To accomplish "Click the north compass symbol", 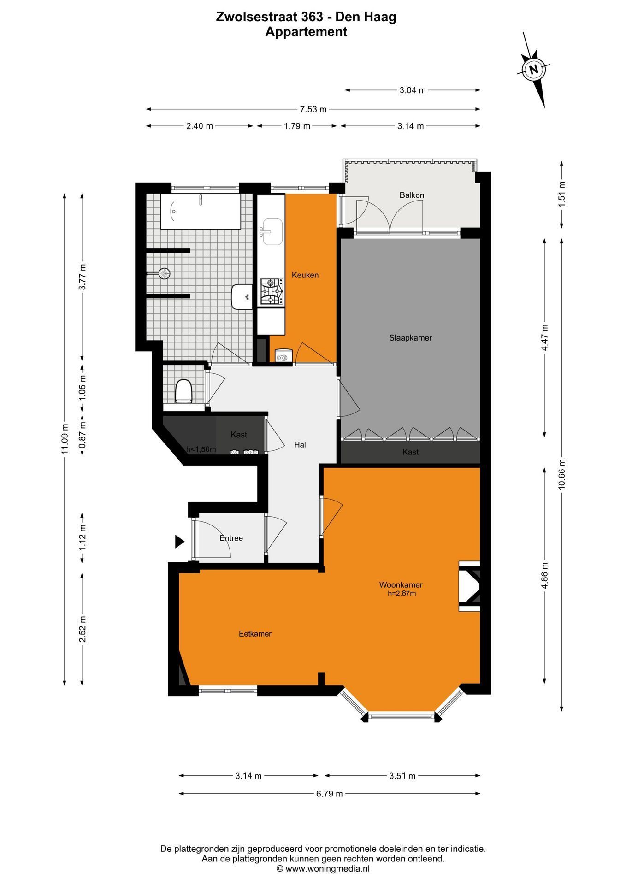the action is (534, 70).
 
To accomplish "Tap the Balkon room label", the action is (412, 195).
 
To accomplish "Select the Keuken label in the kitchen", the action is (305, 275).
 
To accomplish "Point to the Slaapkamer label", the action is (410, 338).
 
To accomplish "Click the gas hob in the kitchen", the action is (272, 291).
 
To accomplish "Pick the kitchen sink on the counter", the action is (272, 232).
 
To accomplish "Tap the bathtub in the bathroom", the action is (201, 212).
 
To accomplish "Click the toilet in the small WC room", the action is (183, 391).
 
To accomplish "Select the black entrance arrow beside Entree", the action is (180, 541).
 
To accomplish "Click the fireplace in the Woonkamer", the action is (470, 586).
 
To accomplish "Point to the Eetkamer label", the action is (255, 634).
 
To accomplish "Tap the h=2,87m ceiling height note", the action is (402, 594).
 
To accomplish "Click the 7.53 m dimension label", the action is (313, 109).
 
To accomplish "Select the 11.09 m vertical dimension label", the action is (65, 439).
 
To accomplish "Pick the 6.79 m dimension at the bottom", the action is (330, 794).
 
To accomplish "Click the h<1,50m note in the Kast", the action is (201, 449).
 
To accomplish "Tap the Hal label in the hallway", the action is (300, 445).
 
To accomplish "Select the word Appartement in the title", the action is (306, 32).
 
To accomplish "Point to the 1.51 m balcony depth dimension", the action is (562, 194).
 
